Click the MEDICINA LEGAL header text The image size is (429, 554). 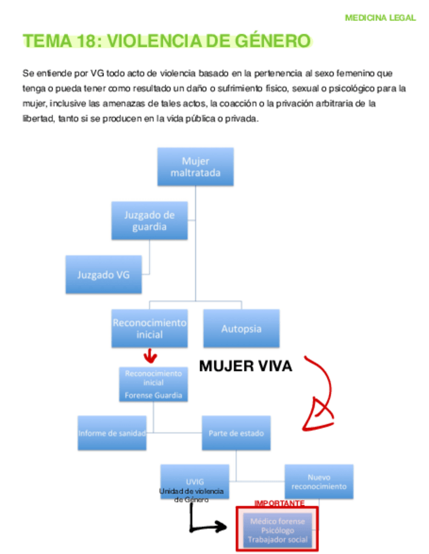380,18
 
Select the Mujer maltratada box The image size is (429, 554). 195,167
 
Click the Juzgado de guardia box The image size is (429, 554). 149,221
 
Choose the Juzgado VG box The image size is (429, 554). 103,274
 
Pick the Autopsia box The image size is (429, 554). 241,329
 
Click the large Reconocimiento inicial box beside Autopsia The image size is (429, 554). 149,329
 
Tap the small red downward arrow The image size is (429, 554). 150,357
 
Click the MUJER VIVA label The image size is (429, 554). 245,367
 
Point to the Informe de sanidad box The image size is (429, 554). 112,433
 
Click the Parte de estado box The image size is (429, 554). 235,433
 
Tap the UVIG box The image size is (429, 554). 194,481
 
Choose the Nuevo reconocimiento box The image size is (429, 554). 318,481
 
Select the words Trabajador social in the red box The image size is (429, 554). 277,540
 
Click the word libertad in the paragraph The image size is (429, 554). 37,118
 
